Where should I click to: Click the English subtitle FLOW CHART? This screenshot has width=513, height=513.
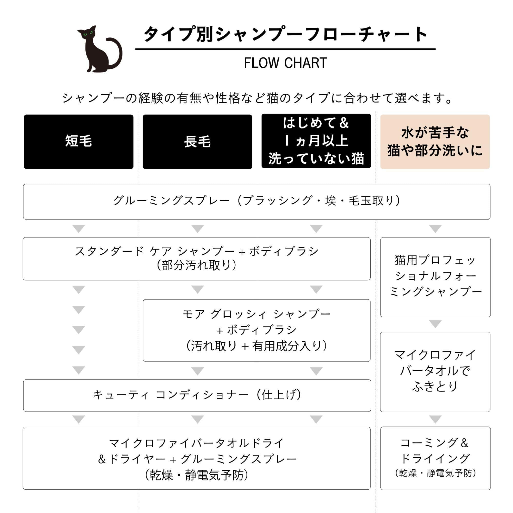(x=285, y=63)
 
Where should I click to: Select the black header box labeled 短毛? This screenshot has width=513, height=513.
(x=78, y=142)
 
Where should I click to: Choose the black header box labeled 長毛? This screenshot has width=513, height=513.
(x=197, y=142)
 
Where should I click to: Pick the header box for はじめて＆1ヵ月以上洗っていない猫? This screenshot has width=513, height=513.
(x=316, y=141)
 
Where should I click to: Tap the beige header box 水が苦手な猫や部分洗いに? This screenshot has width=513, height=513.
(x=435, y=142)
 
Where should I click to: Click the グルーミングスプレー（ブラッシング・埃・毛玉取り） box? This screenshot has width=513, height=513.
(x=256, y=202)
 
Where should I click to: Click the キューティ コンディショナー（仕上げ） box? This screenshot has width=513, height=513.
(x=197, y=395)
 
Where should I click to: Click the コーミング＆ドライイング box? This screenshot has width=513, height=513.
(x=435, y=458)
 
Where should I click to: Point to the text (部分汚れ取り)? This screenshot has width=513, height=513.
(x=196, y=265)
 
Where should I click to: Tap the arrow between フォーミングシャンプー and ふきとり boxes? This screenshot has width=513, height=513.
(x=435, y=324)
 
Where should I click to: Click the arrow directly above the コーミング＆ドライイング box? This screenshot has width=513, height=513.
(x=435, y=420)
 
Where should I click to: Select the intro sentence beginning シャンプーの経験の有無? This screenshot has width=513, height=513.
(x=256, y=98)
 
